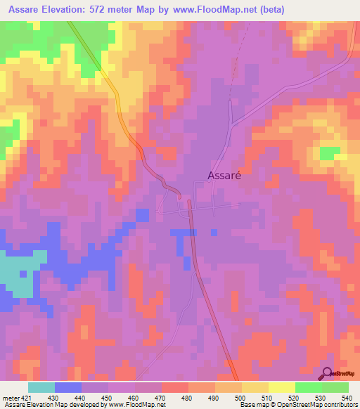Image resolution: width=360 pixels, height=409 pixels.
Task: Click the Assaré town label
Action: tap(224, 176)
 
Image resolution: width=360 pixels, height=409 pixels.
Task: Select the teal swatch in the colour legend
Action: tap(41, 388)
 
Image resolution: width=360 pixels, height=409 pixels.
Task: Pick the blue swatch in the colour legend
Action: tap(68, 388)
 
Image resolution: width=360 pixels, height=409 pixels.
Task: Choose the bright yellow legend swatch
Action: tap(282, 388)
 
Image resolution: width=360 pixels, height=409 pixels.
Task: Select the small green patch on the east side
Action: tap(329, 153)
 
